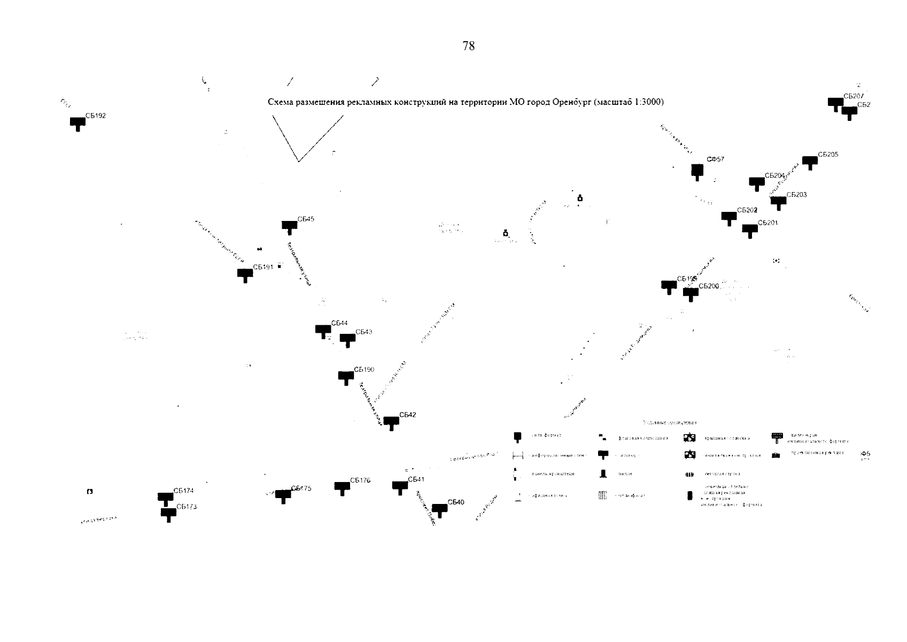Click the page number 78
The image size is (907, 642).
[x=468, y=46]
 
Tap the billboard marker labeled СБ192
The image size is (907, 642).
[x=77, y=123]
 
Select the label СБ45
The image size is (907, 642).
[x=306, y=219]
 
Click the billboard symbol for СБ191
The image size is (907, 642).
[x=245, y=274]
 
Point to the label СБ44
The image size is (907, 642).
[x=339, y=323]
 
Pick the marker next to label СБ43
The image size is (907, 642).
[x=347, y=339]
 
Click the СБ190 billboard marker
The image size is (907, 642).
[x=346, y=377]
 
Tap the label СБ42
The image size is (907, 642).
[x=407, y=415]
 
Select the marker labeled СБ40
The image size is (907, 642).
[x=439, y=509]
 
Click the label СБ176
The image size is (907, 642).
[x=360, y=480]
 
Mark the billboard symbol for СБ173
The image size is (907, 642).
[x=168, y=514]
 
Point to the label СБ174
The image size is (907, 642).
[x=183, y=491]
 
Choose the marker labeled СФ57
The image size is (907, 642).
[x=697, y=171]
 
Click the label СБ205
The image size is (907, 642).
[x=828, y=155]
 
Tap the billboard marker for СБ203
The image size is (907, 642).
[x=778, y=202]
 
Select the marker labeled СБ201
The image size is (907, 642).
[x=750, y=230]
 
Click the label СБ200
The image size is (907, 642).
[x=709, y=286]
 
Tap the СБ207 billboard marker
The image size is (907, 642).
[x=835, y=103]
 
